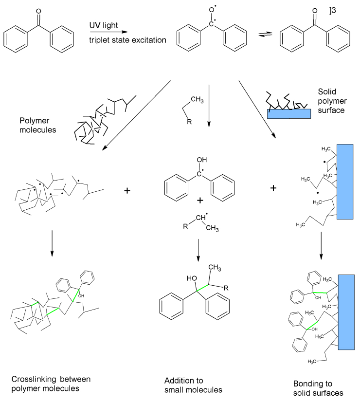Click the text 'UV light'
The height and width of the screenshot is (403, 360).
103,25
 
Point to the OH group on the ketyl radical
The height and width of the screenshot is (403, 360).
198,160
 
